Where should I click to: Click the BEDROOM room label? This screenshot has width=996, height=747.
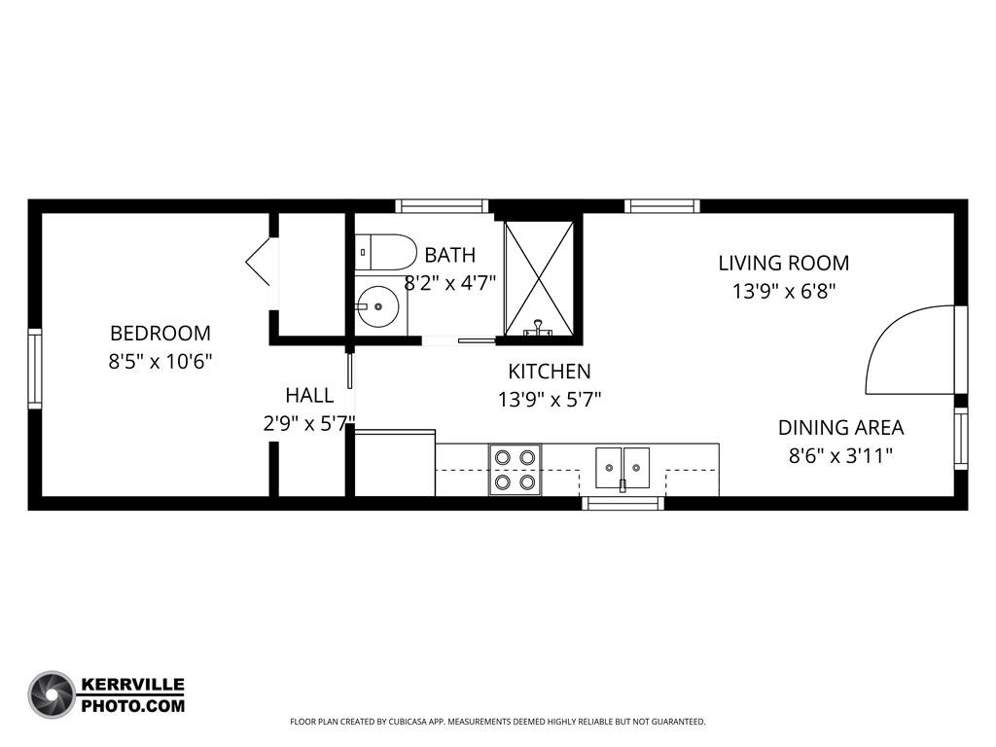(x=160, y=333)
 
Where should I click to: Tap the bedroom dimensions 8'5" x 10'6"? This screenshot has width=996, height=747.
(x=160, y=362)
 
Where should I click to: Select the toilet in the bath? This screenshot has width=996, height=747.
(x=385, y=252)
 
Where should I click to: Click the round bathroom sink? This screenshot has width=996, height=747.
(x=377, y=306)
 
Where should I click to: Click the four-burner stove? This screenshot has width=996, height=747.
(x=515, y=470)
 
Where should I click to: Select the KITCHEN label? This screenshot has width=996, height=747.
(x=550, y=371)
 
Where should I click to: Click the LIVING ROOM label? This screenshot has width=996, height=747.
(x=784, y=263)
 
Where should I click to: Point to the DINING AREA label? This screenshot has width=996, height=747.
(x=841, y=428)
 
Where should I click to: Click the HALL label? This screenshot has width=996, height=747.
(x=309, y=395)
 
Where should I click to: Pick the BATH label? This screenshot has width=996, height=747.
(x=449, y=255)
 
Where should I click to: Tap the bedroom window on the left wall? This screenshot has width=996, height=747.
(x=35, y=369)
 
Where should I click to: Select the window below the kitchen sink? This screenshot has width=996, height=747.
(x=622, y=503)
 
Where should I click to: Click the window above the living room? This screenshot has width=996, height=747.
(x=661, y=206)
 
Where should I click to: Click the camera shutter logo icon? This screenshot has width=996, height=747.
(x=52, y=694)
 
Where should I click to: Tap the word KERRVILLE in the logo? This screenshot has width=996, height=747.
(x=132, y=685)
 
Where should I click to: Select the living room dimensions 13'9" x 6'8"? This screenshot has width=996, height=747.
(x=784, y=292)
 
